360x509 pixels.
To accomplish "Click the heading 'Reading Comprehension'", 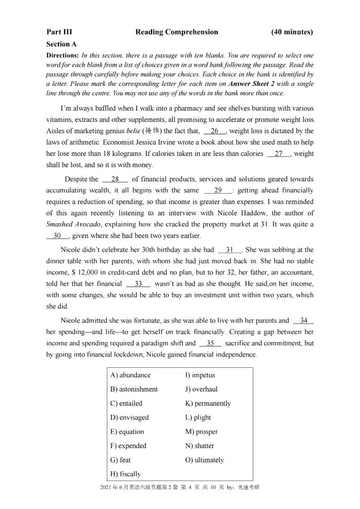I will tap(176, 32).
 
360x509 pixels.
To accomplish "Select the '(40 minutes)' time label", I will tap(292, 32).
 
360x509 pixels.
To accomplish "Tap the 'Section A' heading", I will tap(61, 44).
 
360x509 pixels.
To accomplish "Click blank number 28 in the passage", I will tap(115, 179).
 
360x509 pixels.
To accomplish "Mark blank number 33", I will tap(138, 284).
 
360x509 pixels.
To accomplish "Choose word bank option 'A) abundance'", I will tap(130, 375).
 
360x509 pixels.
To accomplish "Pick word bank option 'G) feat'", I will tap(120, 460).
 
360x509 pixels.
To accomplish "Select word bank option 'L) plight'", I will tap(198, 417).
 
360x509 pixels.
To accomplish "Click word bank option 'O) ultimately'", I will tap(204, 460).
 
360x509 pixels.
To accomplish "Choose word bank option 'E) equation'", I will tap(127, 432).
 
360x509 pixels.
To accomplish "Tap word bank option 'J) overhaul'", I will tap(201, 389).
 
